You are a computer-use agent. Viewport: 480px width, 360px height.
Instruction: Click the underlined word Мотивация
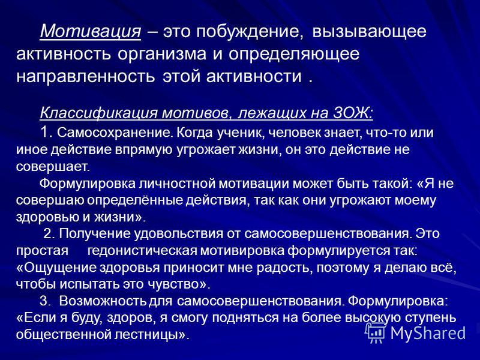pos(91,32)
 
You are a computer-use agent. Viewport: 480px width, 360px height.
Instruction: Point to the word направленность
pos(86,76)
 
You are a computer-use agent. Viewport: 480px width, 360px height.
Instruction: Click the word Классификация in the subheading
pos(98,113)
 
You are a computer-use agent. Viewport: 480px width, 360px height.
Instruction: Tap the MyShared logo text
pos(428,333)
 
